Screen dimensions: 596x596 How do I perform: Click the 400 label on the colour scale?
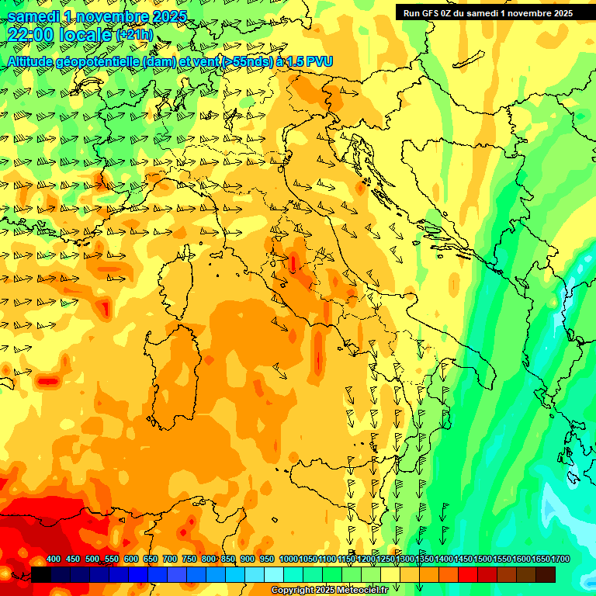(x=54, y=560)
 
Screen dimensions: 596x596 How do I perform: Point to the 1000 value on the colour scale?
(x=289, y=560)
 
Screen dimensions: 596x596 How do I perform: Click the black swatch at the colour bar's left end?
(x=41, y=574)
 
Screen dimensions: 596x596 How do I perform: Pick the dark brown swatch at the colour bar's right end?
(x=546, y=574)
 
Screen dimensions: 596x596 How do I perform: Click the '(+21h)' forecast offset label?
(x=134, y=35)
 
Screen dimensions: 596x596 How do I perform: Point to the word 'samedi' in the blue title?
(x=33, y=16)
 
